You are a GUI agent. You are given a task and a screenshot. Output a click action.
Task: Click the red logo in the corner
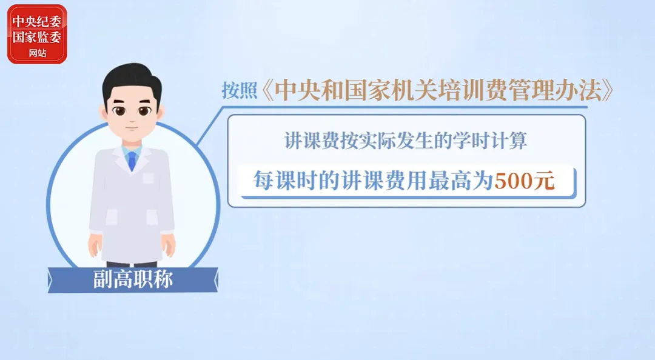[x=37, y=35]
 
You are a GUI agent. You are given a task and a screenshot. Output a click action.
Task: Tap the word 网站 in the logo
[x=37, y=53]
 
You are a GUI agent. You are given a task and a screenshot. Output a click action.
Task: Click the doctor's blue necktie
[x=132, y=161]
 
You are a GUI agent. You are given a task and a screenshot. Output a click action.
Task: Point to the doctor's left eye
[x=145, y=111]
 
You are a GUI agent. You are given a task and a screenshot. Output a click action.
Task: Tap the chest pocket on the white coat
[x=148, y=178]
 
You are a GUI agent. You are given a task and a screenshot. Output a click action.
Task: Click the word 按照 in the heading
[x=239, y=90]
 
